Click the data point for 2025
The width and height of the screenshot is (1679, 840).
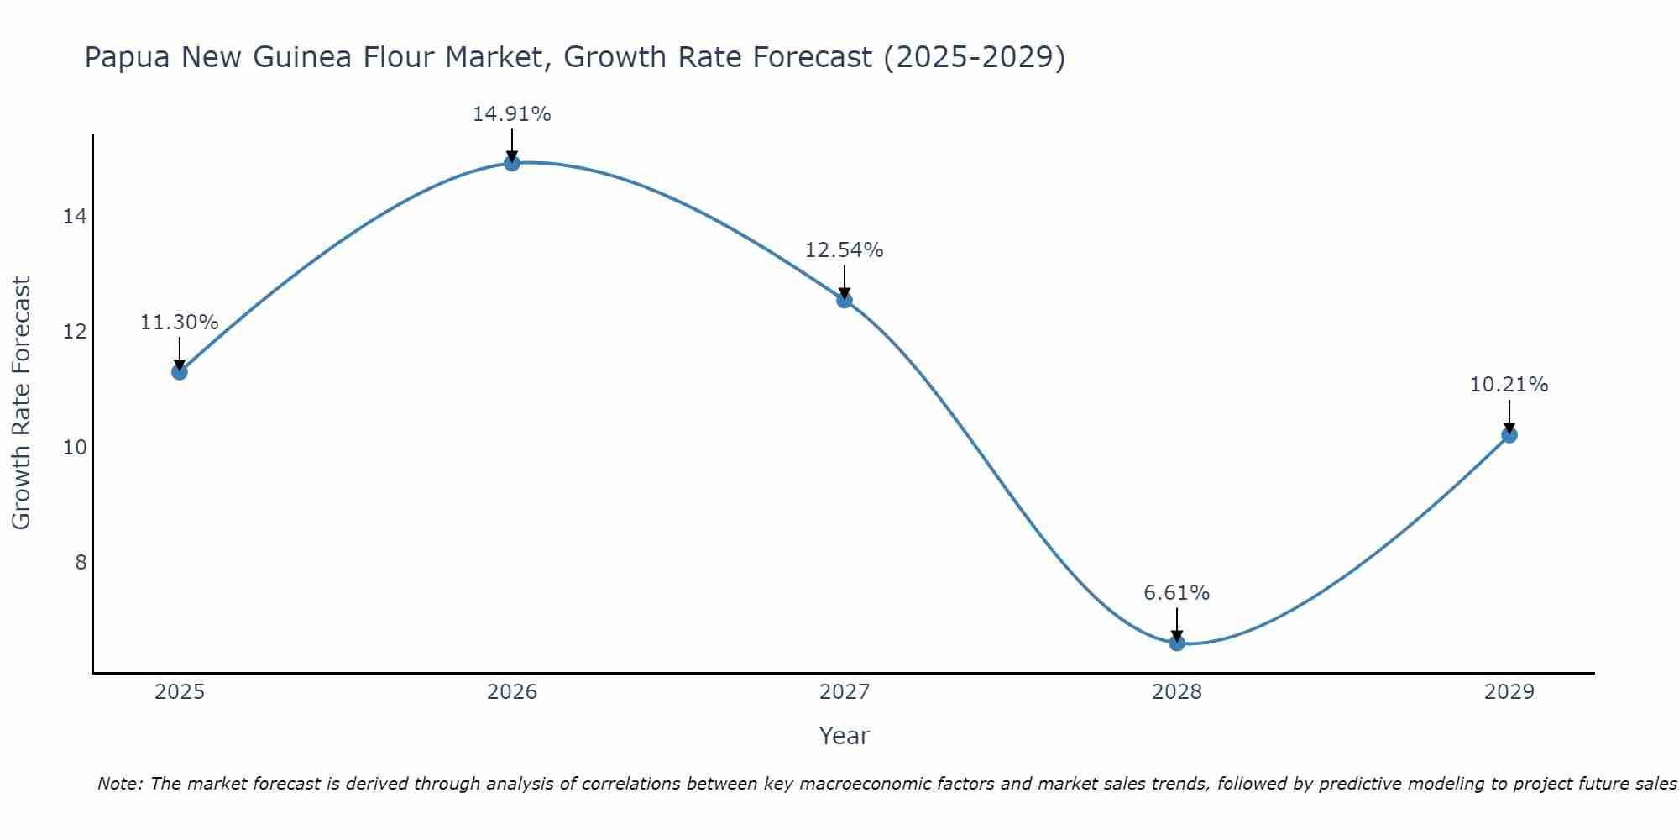[179, 371]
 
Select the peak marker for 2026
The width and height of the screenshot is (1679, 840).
[512, 163]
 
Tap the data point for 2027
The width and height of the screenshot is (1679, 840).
[845, 300]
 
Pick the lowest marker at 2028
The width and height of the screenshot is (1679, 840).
[1177, 643]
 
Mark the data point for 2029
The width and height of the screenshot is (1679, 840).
[1509, 434]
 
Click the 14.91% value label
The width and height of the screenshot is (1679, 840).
[512, 114]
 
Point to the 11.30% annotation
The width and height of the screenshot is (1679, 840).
[179, 323]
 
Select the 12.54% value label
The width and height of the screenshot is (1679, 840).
[845, 250]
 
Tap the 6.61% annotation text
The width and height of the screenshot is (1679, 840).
[1177, 593]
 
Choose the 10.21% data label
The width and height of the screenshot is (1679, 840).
[1509, 385]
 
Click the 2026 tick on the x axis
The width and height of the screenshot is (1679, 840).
[512, 692]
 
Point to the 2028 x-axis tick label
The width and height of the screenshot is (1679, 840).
[1177, 692]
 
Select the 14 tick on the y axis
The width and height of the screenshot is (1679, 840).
[75, 217]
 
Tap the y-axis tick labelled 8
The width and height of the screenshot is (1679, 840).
[81, 562]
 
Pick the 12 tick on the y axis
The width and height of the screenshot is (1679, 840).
[75, 332]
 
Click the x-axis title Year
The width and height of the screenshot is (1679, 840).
[845, 736]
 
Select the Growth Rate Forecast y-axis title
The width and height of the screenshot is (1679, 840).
[21, 402]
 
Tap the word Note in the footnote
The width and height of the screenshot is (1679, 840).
[118, 784]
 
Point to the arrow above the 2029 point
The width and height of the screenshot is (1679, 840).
[1509, 415]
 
